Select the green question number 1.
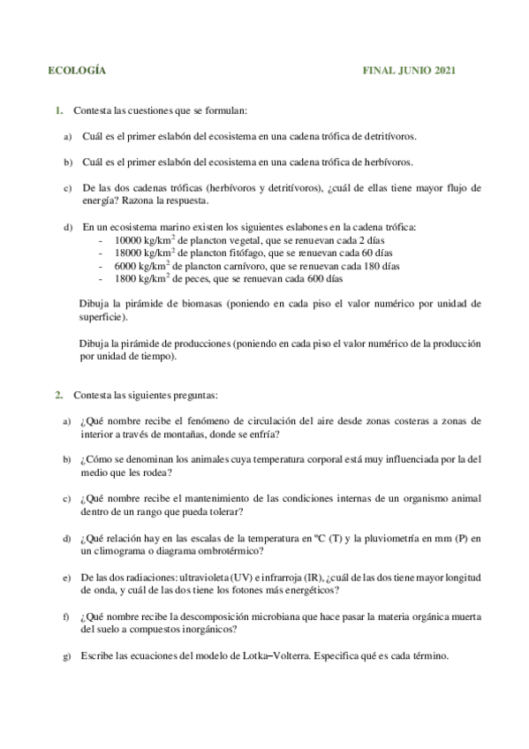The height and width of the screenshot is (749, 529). (58, 110)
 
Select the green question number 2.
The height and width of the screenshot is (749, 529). (58, 395)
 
